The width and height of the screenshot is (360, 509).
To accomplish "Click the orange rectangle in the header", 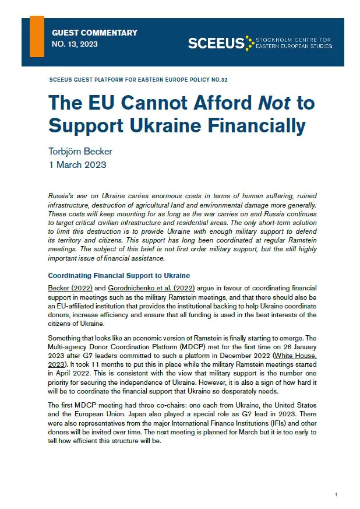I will pyautogui.click(x=37, y=36).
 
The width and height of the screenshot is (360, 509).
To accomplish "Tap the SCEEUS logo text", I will pyautogui.click(x=216, y=43).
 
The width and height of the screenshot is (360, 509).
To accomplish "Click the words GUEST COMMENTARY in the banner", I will pyautogui.click(x=94, y=33).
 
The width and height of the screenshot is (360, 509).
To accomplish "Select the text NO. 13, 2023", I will pyautogui.click(x=75, y=44).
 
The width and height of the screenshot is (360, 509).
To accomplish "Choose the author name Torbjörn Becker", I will pyautogui.click(x=80, y=151).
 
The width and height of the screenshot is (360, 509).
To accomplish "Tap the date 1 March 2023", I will pyautogui.click(x=77, y=164).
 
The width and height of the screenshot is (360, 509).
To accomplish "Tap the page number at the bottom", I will pyautogui.click(x=336, y=494).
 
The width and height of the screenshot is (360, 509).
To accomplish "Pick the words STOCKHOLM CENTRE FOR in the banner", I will pyautogui.click(x=294, y=40).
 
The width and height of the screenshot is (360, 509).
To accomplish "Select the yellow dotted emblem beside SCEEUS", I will pyautogui.click(x=249, y=43).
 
